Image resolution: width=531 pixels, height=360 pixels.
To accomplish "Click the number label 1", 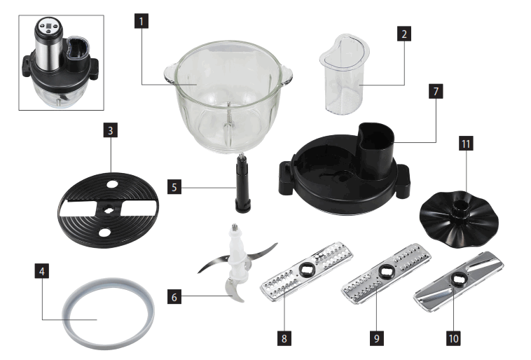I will [142, 21].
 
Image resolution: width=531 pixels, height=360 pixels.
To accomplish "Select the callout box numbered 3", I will [111, 130].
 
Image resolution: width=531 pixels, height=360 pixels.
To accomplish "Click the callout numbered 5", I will [177, 187].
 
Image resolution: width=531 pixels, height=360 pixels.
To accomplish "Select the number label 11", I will [466, 144].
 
